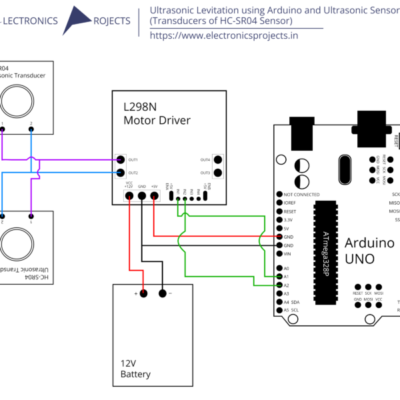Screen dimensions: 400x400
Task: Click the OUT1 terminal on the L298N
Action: (120, 159)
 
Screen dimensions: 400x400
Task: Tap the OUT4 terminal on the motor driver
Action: (217, 159)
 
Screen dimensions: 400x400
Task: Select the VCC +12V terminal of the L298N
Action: (129, 197)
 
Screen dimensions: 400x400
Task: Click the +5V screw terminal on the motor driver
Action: (154, 197)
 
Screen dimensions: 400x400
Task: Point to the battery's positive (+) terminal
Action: (142, 293)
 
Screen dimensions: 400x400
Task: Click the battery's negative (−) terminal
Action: (162, 293)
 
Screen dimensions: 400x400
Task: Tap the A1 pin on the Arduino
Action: (278, 277)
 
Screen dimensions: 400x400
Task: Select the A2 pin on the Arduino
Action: (278, 285)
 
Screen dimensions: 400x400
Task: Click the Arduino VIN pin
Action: (278, 253)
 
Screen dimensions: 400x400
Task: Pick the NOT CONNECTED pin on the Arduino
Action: (278, 194)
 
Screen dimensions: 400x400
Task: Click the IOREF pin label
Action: (289, 203)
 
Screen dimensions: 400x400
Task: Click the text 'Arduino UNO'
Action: (369, 250)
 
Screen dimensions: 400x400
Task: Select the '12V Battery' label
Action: (136, 369)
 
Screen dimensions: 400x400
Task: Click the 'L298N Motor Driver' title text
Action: (156, 113)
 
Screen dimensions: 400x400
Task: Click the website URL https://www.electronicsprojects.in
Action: (223, 35)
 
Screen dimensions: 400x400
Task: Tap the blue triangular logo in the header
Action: (81, 21)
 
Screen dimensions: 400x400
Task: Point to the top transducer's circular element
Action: (17, 101)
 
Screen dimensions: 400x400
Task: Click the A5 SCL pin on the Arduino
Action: (278, 311)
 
